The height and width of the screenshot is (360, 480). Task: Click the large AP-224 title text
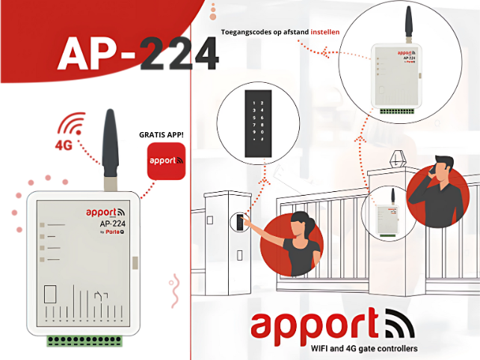click(138, 54)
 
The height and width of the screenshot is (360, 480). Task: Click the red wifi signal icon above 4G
click(73, 123)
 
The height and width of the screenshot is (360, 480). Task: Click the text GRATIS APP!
click(161, 136)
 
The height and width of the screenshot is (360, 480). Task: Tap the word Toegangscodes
click(250, 33)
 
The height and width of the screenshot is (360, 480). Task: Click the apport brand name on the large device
click(101, 212)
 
